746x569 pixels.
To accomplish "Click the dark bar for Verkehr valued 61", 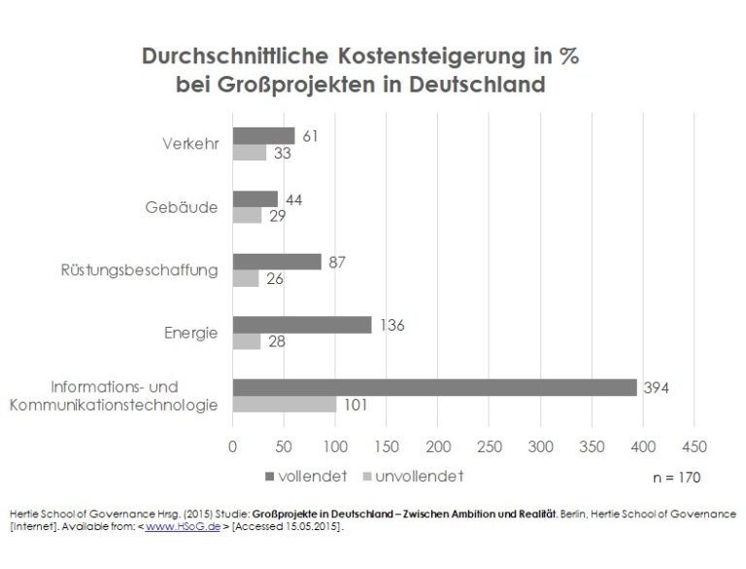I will point(262,135).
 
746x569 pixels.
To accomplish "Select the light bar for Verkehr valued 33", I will point(249,153).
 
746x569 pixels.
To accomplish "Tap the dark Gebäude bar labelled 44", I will point(254,198).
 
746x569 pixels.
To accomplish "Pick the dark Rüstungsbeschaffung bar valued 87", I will point(276,262).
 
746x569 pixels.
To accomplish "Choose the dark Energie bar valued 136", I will point(301,325).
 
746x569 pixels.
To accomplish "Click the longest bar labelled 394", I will point(433,387).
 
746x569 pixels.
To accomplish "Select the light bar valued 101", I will point(284,405).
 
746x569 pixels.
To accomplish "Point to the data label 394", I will point(657,388).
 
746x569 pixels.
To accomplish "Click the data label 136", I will point(390,325).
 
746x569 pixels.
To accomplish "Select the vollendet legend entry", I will point(298,477).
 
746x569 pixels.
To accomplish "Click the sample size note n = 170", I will point(672,478).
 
